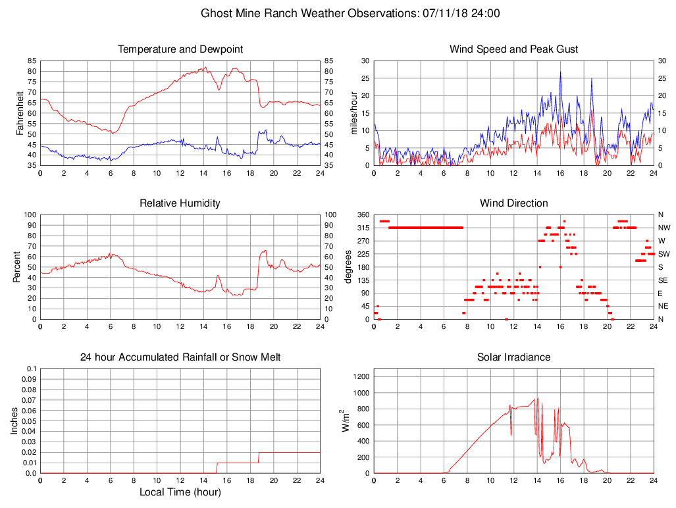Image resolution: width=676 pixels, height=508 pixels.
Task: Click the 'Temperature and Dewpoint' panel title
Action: click(180, 49)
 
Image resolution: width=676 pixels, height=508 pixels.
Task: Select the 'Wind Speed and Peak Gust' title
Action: click(514, 49)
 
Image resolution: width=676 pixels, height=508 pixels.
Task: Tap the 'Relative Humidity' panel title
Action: click(180, 203)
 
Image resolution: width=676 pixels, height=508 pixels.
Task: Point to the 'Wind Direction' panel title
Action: click(514, 203)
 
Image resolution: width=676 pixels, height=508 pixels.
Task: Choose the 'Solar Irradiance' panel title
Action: click(514, 357)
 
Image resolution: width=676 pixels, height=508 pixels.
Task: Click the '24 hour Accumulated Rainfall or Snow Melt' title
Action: click(180, 357)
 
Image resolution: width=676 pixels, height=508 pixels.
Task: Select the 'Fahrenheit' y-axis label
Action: click(20, 113)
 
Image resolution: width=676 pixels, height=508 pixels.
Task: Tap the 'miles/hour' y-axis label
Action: click(354, 113)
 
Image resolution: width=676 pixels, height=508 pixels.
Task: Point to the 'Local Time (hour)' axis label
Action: click(180, 492)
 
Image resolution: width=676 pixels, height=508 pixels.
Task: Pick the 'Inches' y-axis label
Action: click(14, 421)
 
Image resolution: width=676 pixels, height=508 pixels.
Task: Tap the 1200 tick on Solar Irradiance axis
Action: click(361, 377)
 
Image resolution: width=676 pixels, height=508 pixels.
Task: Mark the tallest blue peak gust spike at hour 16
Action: click(561, 72)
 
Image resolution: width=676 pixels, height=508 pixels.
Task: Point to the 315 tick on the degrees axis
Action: click(362, 228)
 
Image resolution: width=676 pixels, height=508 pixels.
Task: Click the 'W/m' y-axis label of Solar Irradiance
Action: click(345, 421)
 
